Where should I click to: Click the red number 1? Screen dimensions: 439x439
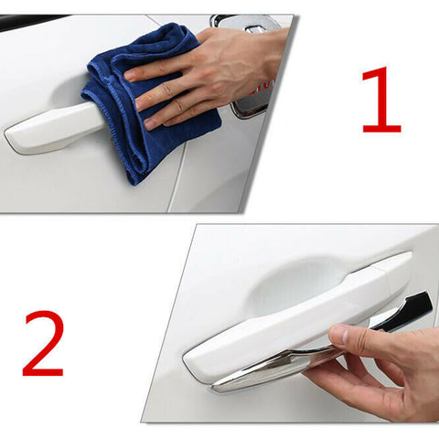(x=380, y=101)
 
